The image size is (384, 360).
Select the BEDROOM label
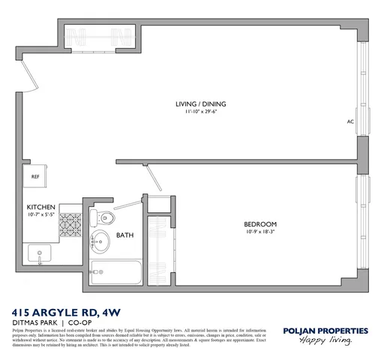pyautogui.click(x=260, y=223)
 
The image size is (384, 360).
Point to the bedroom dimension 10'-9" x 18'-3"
pyautogui.click(x=260, y=232)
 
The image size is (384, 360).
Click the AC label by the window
pyautogui.click(x=350, y=121)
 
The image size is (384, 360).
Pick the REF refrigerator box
pyautogui.click(x=35, y=177)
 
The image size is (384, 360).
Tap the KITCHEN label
pyautogui.click(x=40, y=207)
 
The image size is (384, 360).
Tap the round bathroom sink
pyautogui.click(x=101, y=243)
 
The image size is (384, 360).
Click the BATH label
pyautogui.click(x=124, y=235)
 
